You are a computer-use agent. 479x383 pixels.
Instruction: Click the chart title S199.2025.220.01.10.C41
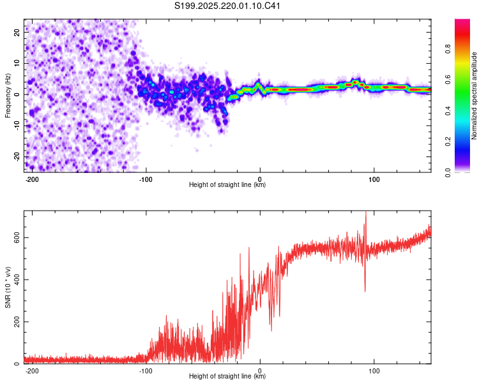[x=227, y=6]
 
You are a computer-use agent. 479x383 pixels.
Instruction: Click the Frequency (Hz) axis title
[x=8, y=96]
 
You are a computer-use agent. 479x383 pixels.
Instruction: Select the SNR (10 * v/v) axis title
[x=8, y=287]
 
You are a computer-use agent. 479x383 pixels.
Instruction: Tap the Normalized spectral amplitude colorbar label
[x=474, y=96]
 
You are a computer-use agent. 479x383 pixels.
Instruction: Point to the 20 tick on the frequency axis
[x=17, y=32]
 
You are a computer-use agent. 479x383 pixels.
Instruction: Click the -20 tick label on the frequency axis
[x=17, y=157]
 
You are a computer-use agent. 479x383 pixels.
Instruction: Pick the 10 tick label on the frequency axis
[x=17, y=63]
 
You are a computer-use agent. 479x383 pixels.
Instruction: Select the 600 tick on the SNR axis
[x=17, y=237]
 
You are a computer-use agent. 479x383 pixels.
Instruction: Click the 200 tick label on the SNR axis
[x=17, y=322]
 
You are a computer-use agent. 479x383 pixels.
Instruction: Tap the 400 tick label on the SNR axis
[x=17, y=280]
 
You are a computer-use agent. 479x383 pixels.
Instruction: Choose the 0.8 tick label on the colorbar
[x=448, y=49]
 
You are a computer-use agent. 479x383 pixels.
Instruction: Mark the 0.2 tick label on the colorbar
[x=448, y=142]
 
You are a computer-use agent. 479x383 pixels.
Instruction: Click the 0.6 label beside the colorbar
[x=448, y=80]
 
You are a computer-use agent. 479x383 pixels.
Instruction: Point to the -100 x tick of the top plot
[x=146, y=179]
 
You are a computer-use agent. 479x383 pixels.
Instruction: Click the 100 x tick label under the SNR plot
[x=374, y=371]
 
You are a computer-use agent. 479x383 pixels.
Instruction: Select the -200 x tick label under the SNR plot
[x=31, y=371]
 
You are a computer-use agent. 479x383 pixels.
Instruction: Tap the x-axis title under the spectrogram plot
[x=227, y=184]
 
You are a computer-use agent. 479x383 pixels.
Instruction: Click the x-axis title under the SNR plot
[x=227, y=376]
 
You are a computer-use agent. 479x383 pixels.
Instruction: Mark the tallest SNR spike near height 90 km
[x=365, y=212]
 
